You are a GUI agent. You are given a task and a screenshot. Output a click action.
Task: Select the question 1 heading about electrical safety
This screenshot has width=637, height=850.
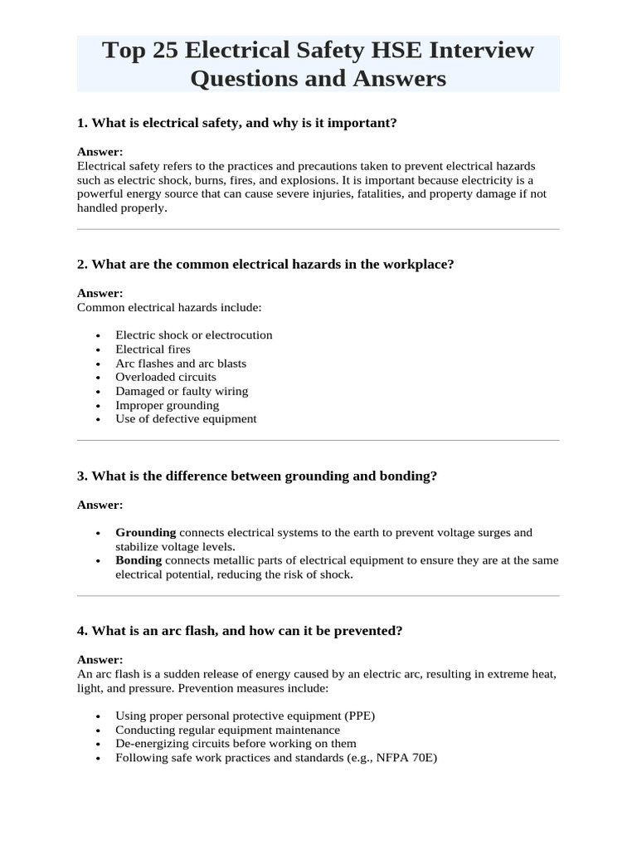tap(237, 123)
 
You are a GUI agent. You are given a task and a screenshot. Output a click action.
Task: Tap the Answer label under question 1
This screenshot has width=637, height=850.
tap(100, 152)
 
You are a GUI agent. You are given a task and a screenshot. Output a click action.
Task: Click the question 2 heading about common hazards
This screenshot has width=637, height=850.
tap(265, 264)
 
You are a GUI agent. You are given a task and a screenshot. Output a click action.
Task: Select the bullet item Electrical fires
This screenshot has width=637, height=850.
tap(153, 349)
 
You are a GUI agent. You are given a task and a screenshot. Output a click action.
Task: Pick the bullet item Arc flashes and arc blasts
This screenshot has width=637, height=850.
tap(181, 364)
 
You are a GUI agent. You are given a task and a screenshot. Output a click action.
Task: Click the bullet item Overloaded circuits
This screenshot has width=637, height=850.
tap(166, 377)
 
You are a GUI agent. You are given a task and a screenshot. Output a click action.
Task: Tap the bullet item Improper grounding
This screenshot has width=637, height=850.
tap(168, 405)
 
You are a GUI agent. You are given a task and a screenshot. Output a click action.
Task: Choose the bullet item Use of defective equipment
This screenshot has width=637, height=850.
tap(186, 419)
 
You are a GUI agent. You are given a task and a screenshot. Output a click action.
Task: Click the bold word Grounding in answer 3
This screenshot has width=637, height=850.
tap(146, 532)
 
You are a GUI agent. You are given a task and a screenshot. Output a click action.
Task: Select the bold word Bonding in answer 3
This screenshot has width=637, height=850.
tap(139, 560)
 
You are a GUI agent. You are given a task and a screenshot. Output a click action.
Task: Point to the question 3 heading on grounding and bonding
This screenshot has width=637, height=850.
tap(256, 476)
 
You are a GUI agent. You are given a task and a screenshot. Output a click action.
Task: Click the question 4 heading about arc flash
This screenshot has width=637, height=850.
tap(240, 631)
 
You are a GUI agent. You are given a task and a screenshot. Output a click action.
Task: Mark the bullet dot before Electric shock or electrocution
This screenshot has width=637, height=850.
tap(98, 335)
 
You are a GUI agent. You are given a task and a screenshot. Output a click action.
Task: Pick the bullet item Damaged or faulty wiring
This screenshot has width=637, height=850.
tap(182, 391)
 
